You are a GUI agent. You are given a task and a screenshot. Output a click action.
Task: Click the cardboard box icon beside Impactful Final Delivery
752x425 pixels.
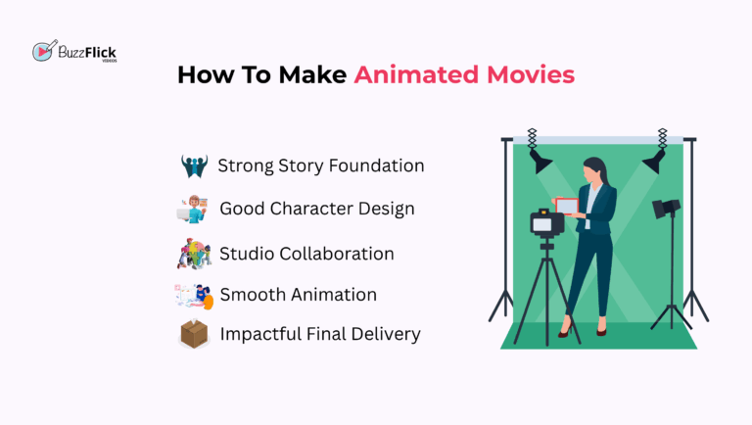(194, 334)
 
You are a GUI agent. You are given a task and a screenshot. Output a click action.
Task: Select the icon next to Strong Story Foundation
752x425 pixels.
(194, 165)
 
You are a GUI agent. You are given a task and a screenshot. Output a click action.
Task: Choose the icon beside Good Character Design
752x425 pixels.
(194, 209)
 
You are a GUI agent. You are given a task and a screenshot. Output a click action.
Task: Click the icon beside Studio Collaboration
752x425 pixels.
(194, 254)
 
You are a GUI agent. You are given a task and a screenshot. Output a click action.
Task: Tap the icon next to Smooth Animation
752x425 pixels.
(194, 295)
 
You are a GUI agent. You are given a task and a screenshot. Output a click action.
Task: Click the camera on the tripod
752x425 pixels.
(545, 223)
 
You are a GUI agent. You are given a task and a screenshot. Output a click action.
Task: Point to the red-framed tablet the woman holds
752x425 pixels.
(568, 206)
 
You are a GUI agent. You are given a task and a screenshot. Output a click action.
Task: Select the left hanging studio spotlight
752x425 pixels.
(540, 161)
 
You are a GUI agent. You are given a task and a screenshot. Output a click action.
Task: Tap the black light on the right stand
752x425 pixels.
(667, 209)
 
